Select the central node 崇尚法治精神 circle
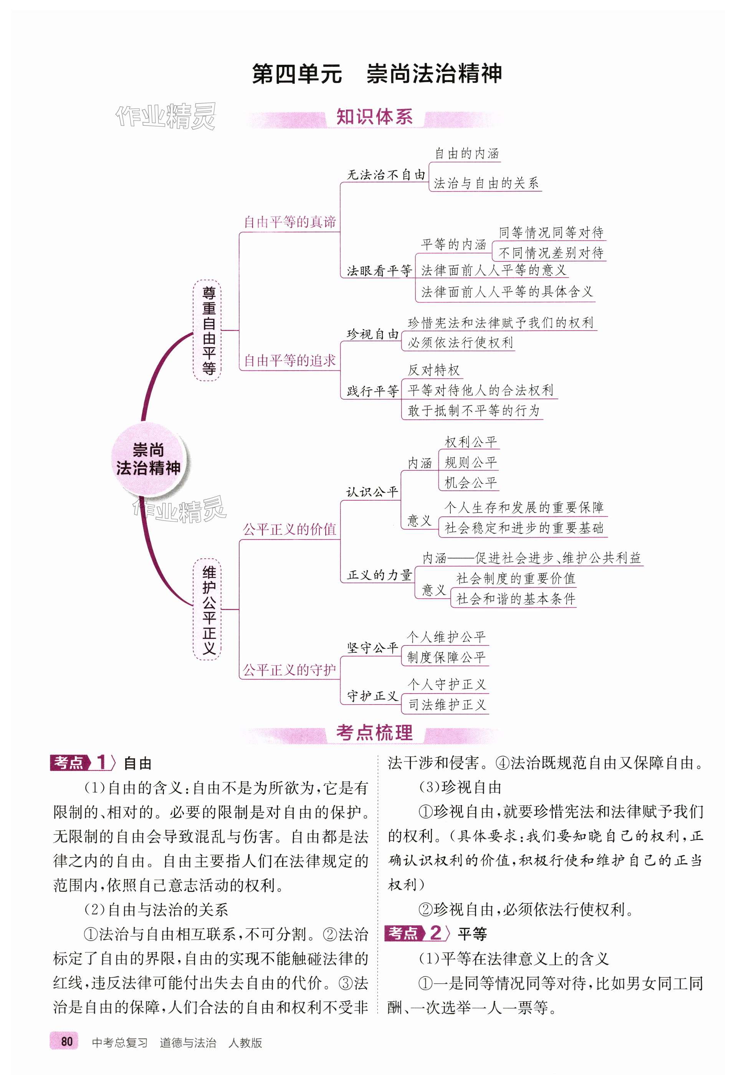[148, 460]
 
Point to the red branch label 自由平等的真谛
[289, 222]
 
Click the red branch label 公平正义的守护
[289, 670]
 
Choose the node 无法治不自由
[386, 175]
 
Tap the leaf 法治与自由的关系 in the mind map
[486, 184]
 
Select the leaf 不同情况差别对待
[551, 253]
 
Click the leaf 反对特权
[433, 370]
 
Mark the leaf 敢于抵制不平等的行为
[473, 411]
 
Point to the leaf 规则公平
[470, 463]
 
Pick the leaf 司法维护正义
[447, 705]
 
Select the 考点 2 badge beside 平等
[414, 933]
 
